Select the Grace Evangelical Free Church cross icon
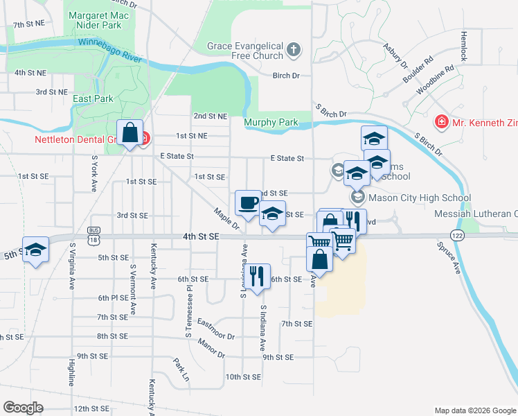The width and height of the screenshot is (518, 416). [x=294, y=49]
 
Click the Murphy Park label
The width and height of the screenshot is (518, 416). [x=271, y=123]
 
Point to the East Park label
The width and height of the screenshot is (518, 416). [x=93, y=99]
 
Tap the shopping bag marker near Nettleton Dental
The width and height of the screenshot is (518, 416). [x=129, y=132]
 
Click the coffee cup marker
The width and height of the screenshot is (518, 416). [x=248, y=203]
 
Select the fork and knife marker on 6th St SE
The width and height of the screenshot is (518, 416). [x=257, y=276]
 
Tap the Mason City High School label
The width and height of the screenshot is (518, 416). [x=420, y=198]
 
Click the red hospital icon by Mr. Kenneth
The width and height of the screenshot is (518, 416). [x=441, y=123]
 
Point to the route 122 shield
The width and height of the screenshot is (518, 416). [x=454, y=234]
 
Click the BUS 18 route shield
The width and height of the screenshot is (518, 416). [x=95, y=234]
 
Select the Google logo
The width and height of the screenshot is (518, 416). [x=23, y=408]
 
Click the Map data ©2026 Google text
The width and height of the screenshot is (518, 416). [x=474, y=410]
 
